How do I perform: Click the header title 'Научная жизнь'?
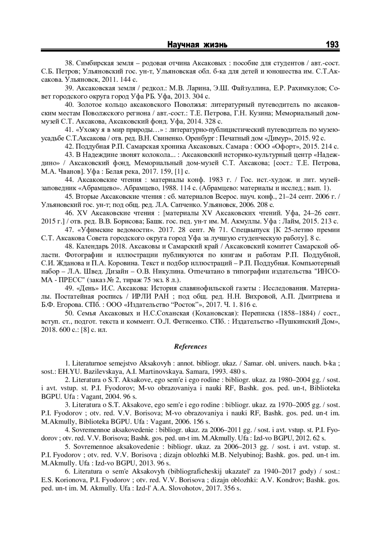198,45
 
